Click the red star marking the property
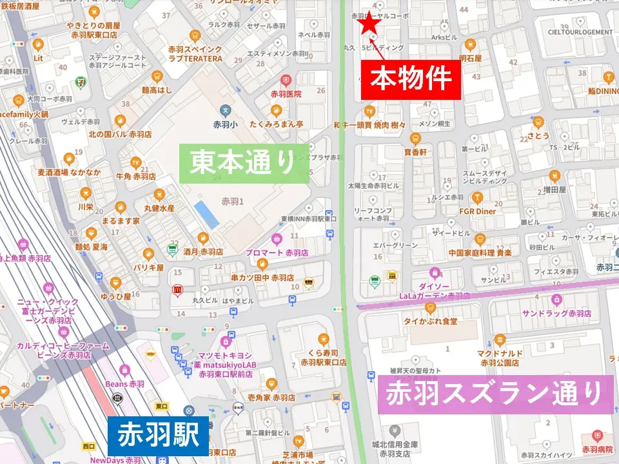pos(369,23)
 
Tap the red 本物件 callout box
pos(411,79)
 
